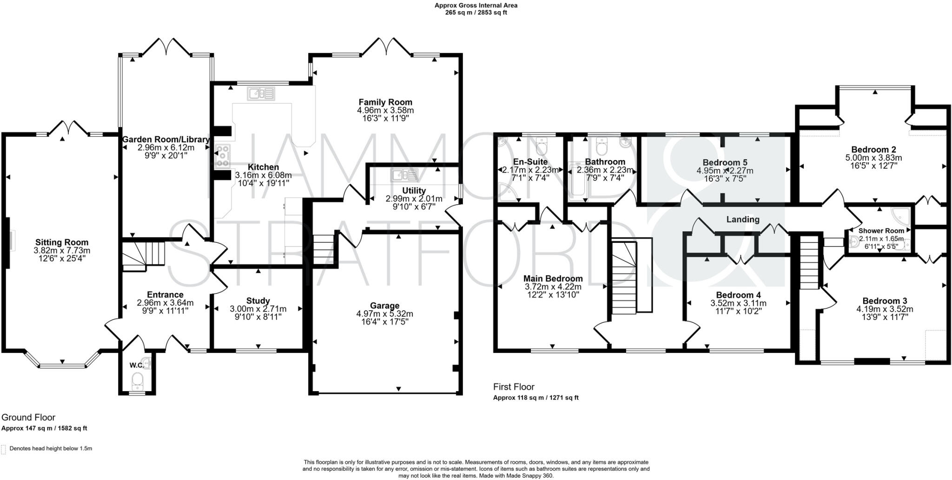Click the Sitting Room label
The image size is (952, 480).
click(x=62, y=242)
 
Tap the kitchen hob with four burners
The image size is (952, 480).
click(x=222, y=156)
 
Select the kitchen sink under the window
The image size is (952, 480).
click(x=261, y=94)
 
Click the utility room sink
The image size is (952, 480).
click(x=404, y=175)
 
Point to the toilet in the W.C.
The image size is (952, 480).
click(x=137, y=382)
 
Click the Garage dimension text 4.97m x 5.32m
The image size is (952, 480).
click(x=384, y=314)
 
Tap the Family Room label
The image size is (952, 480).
click(x=385, y=102)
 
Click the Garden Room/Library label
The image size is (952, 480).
click(x=165, y=140)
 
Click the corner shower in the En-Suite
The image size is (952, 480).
click(x=507, y=192)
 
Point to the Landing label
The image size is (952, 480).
click(x=743, y=220)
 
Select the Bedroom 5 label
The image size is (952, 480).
click(x=725, y=162)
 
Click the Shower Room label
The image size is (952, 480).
click(x=881, y=231)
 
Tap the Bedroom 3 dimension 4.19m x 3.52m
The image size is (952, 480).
click(x=885, y=309)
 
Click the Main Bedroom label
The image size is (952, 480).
click(x=553, y=279)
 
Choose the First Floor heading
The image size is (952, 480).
click(x=514, y=387)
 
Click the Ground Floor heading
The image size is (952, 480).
click(x=28, y=418)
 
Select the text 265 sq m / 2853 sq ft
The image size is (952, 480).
click(x=476, y=13)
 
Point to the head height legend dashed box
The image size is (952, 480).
click(x=4, y=449)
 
